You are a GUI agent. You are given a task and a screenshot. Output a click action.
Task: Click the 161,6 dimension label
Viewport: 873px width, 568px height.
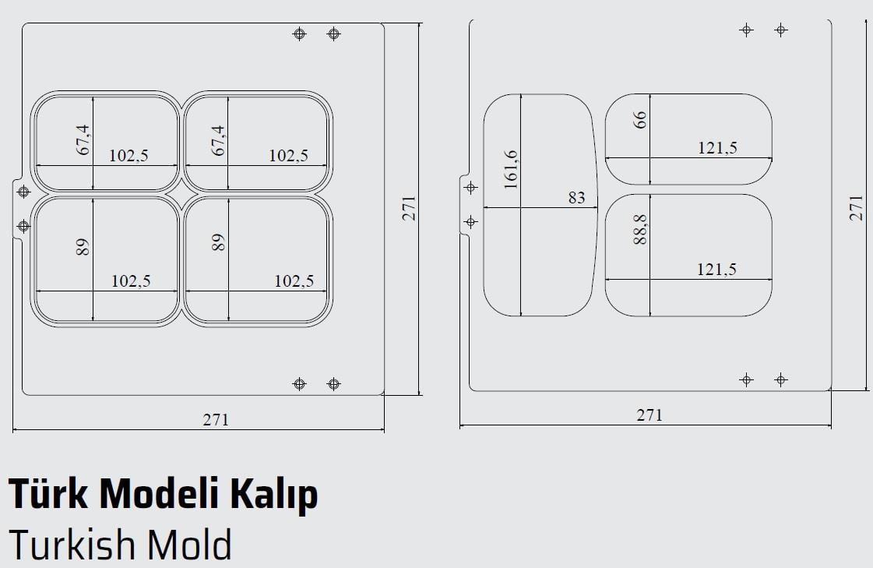click(511, 168)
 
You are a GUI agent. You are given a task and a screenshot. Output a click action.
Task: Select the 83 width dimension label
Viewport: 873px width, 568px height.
click(576, 198)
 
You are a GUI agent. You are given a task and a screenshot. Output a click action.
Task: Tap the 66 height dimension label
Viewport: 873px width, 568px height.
click(640, 120)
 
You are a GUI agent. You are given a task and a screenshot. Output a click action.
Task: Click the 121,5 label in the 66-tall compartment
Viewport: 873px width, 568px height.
click(717, 147)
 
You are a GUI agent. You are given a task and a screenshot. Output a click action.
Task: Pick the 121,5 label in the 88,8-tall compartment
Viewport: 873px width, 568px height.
click(717, 270)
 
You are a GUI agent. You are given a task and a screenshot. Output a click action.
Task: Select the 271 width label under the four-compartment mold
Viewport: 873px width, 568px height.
click(216, 419)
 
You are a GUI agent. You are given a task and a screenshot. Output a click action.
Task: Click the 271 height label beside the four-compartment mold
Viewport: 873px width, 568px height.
click(410, 208)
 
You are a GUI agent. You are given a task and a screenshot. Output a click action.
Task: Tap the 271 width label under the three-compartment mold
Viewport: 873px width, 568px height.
click(649, 415)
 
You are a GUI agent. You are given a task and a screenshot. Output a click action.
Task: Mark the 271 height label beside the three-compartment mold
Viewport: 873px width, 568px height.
click(857, 208)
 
